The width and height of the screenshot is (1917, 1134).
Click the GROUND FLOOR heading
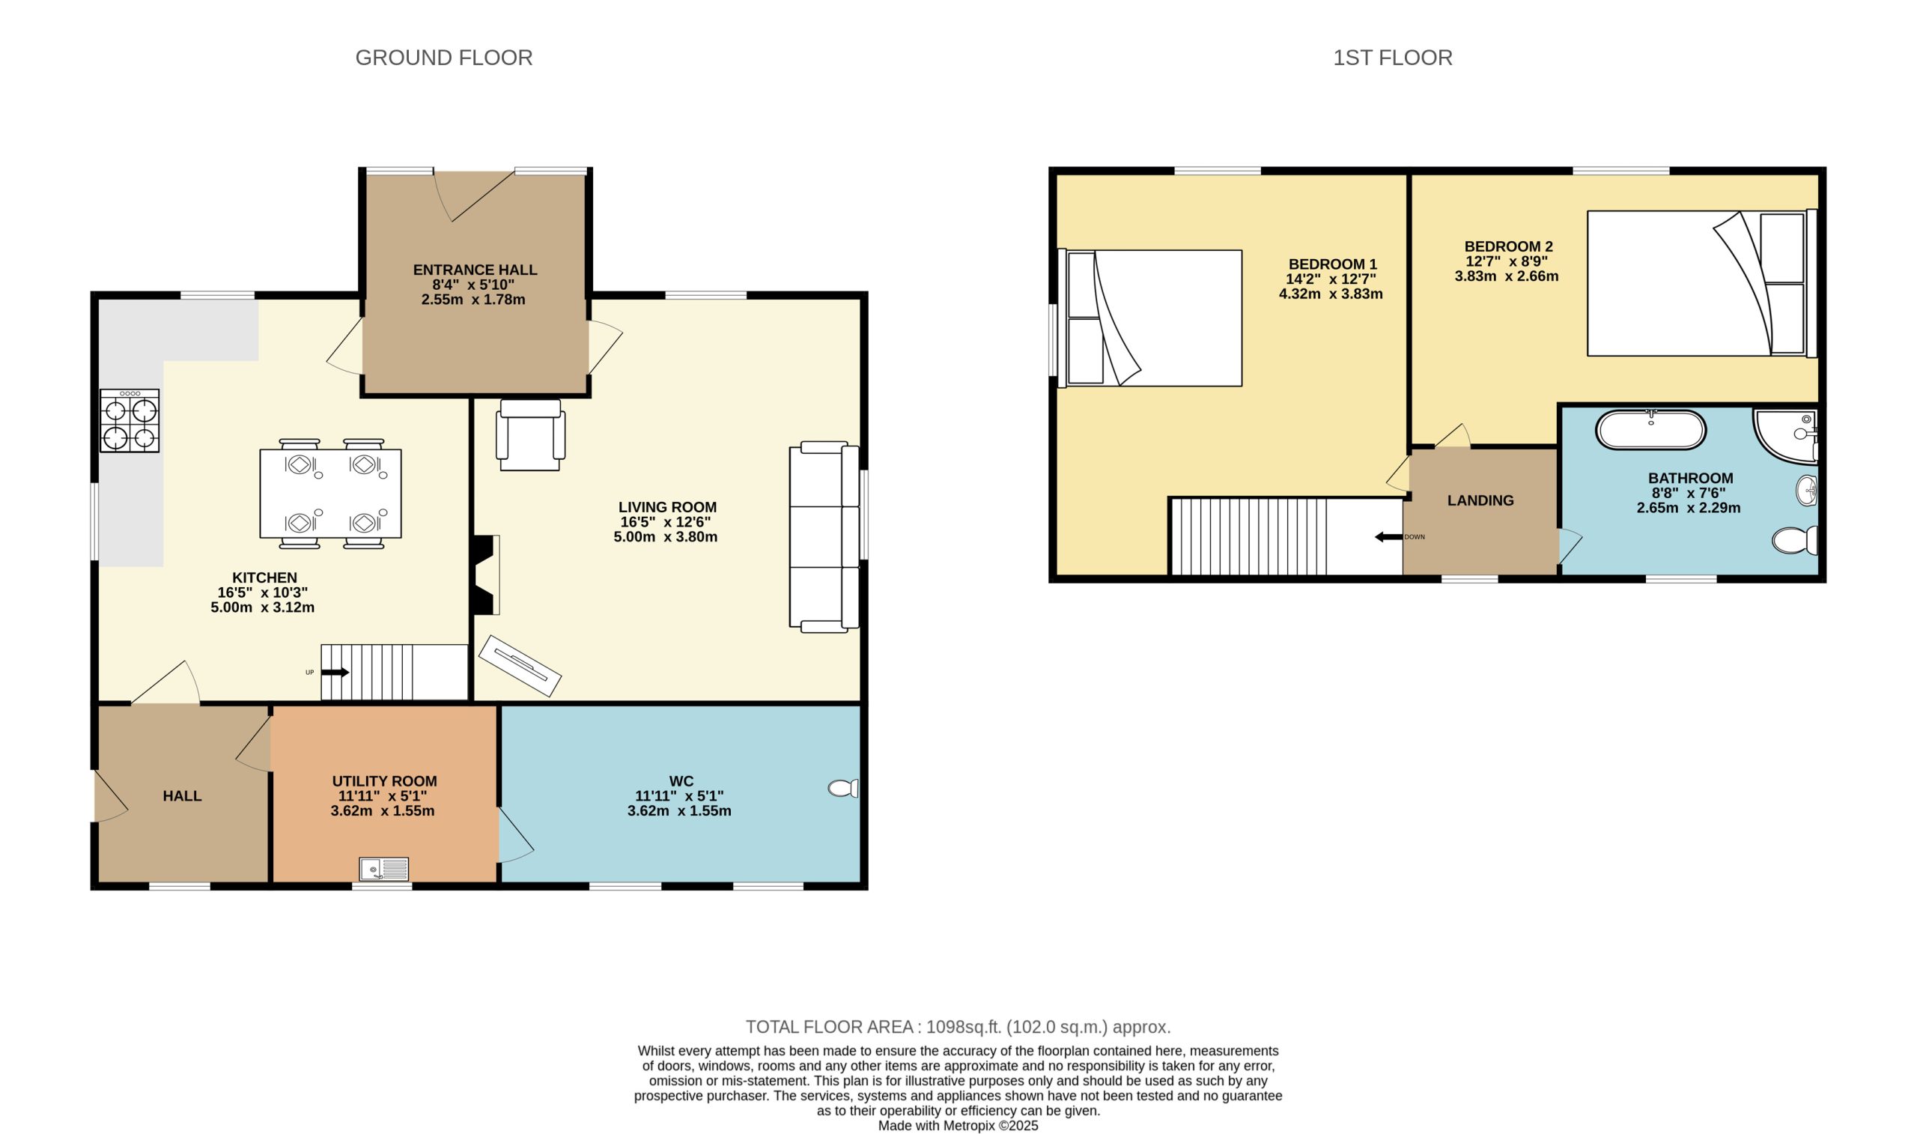[444, 58]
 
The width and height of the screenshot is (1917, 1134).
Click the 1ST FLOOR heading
[1392, 58]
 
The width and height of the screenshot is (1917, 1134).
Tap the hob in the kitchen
[130, 421]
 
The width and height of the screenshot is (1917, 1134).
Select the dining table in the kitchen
[330, 494]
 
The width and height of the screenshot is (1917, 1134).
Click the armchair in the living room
[531, 436]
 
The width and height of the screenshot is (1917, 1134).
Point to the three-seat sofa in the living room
[823, 536]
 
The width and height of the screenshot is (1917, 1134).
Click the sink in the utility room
[384, 869]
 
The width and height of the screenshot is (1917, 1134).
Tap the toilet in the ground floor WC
[843, 788]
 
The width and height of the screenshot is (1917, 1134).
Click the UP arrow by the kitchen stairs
[335, 673]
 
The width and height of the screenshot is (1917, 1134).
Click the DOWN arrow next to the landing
[1388, 537]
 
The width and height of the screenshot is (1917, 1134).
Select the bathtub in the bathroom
[1650, 430]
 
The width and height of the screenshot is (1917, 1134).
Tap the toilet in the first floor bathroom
[1794, 541]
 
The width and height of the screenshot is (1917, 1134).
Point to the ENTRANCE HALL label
[475, 270]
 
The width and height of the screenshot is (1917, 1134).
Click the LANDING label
[1480, 500]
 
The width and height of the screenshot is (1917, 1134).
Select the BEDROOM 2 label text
[1507, 247]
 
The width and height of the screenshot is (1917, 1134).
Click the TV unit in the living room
[520, 666]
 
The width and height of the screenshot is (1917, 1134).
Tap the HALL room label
[182, 795]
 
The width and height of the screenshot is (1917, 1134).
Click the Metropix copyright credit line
[958, 1126]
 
